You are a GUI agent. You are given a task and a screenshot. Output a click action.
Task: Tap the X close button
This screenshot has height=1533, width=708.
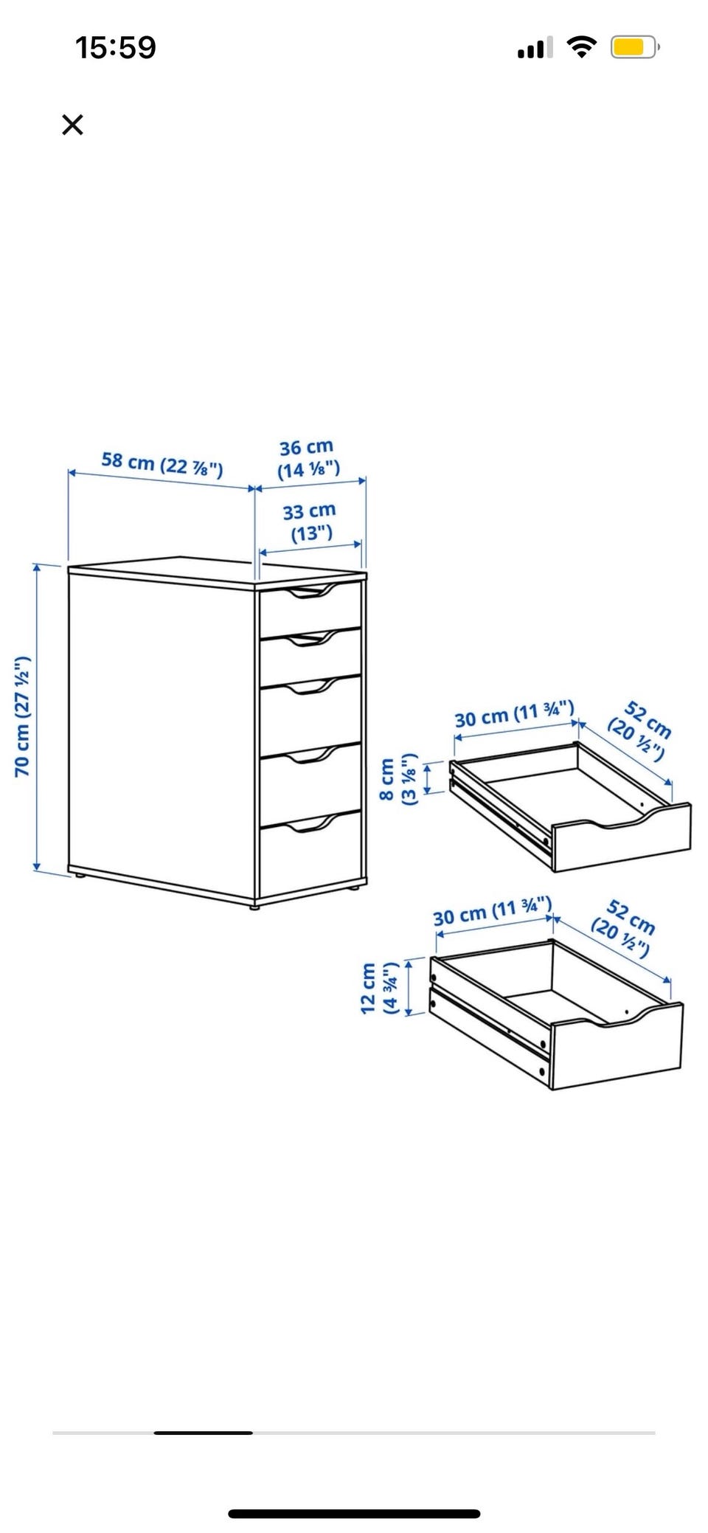pos(72,125)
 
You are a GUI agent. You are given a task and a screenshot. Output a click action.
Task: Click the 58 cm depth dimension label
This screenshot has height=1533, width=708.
pos(162,464)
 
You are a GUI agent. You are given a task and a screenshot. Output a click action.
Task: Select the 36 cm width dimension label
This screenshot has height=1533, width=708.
pos(308,459)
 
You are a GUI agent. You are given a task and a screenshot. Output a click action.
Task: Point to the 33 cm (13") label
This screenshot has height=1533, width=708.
pos(310,522)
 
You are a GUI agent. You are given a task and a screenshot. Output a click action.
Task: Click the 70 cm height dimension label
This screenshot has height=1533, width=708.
pos(22,716)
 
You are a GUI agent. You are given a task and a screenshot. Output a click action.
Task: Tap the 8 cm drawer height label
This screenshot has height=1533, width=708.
pos(397,779)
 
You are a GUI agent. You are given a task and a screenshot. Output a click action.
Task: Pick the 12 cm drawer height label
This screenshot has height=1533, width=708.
pos(379,988)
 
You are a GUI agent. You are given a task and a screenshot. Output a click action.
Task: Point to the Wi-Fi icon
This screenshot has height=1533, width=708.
pos(582,47)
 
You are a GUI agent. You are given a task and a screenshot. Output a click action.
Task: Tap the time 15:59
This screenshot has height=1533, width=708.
pos(116,48)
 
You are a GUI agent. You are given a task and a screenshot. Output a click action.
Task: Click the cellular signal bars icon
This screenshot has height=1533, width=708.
pos(535,49)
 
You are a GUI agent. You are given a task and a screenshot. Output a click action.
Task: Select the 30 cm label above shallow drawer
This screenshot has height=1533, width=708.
pos(514,713)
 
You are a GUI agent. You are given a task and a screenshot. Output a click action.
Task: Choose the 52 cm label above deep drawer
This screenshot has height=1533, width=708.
pos(624,927)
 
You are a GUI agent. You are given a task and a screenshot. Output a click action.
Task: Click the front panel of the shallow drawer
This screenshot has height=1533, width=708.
pos(622,837)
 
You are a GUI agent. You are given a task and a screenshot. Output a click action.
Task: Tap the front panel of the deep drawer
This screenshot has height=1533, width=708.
pos(617,1045)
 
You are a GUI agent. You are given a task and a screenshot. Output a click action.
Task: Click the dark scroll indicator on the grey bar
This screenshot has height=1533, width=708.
pos(204,1433)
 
